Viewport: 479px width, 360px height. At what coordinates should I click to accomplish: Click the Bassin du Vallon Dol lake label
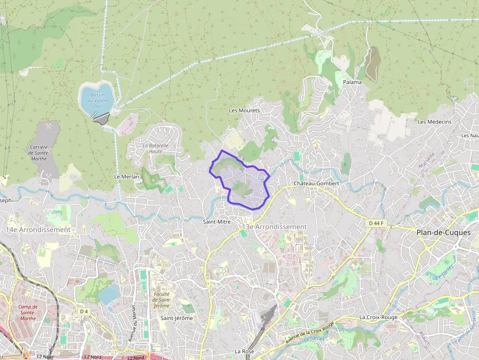97,100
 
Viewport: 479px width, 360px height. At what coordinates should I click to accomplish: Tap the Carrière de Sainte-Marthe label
39,152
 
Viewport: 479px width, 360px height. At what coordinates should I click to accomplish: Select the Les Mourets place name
244,110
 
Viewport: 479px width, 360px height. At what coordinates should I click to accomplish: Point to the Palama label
352,82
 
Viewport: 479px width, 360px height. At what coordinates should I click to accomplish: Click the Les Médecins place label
435,122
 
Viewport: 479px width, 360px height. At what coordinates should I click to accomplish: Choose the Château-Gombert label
316,183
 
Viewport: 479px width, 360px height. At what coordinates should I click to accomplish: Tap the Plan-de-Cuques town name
444,233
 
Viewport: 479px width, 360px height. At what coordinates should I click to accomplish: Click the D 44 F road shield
376,223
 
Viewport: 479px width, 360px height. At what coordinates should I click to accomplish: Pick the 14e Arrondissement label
39,230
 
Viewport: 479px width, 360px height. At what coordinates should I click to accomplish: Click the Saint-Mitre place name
217,222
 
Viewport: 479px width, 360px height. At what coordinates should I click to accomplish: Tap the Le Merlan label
127,176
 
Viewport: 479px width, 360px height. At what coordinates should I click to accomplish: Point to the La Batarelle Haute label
155,148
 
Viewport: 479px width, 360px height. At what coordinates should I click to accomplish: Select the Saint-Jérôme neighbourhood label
176,318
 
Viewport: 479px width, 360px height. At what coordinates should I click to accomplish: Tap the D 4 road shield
84,311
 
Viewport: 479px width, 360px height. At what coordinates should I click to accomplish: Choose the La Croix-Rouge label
378,317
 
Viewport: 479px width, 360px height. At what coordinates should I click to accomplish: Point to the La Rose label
244,351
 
